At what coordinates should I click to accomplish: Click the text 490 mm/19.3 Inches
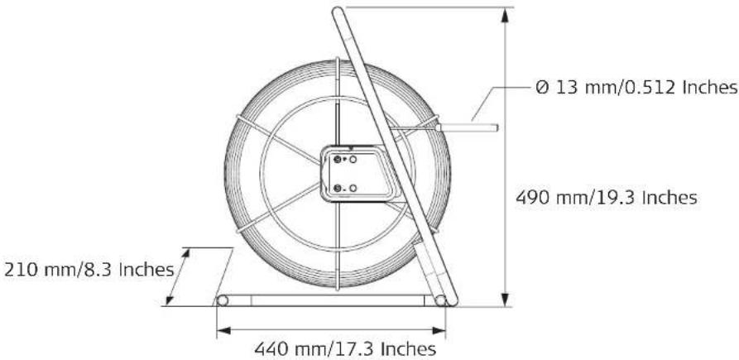click(606, 198)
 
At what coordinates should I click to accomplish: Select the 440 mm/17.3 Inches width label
click(345, 349)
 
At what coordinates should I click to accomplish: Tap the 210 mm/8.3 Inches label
click(89, 270)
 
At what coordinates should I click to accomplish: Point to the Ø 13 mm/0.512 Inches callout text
click(637, 88)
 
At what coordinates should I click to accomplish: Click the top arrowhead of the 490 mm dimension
click(506, 15)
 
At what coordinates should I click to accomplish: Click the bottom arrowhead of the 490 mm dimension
click(506, 300)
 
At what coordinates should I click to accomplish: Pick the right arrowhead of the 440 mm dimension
click(439, 331)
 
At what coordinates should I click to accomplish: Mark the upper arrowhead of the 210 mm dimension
click(185, 254)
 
